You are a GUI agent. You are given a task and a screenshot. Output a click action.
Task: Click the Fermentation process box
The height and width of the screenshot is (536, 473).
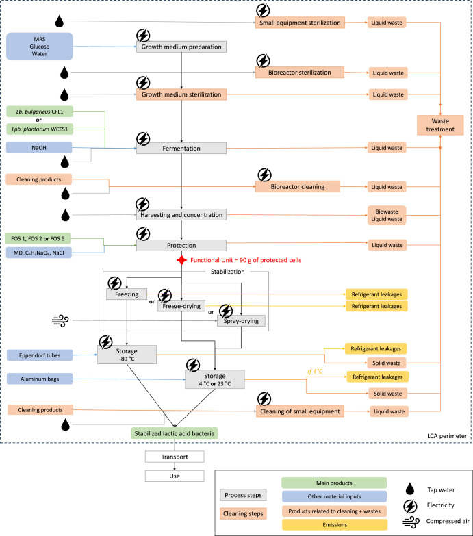[x=181, y=149]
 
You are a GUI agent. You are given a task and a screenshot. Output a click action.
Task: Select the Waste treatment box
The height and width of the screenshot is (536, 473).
[x=440, y=125]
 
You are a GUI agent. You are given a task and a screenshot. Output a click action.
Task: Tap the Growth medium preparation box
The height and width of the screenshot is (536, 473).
[x=181, y=47]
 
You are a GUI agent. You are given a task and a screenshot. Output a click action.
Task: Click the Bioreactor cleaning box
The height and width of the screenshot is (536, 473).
[x=298, y=187]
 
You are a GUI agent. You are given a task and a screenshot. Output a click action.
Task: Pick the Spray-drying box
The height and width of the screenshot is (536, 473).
[x=241, y=320]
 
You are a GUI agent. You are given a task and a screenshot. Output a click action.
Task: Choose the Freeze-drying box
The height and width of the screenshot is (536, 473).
[x=181, y=306]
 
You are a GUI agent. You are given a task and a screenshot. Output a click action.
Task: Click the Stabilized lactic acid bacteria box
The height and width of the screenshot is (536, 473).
[x=175, y=433]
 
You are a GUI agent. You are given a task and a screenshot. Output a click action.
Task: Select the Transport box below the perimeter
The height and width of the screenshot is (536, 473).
[x=175, y=457]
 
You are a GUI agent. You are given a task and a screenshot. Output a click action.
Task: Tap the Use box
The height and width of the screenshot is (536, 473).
[x=175, y=476]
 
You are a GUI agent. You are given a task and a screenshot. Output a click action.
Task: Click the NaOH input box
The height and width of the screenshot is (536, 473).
[x=39, y=148]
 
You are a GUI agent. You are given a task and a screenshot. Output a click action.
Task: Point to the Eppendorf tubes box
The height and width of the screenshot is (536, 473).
[x=40, y=355]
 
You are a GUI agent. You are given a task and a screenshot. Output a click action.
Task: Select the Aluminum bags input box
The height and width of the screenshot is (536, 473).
[x=40, y=379]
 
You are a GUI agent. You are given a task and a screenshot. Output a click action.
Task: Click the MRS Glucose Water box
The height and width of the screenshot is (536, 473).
[x=39, y=47]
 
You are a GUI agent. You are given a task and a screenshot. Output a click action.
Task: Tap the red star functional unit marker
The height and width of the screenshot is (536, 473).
[x=181, y=260]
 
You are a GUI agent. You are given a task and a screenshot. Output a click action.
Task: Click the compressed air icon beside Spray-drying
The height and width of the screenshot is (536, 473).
[x=60, y=320]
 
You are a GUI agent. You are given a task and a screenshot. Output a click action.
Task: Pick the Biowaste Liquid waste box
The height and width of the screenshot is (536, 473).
[x=387, y=216]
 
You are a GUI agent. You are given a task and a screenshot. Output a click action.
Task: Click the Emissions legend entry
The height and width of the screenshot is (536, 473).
[x=335, y=525]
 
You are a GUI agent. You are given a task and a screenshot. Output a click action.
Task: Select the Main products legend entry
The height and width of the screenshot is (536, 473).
[x=334, y=483]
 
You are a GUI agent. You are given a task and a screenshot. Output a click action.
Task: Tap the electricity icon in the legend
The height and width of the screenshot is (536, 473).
[x=410, y=506]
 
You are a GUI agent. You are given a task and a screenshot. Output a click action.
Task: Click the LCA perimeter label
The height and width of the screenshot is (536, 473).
[x=447, y=436]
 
